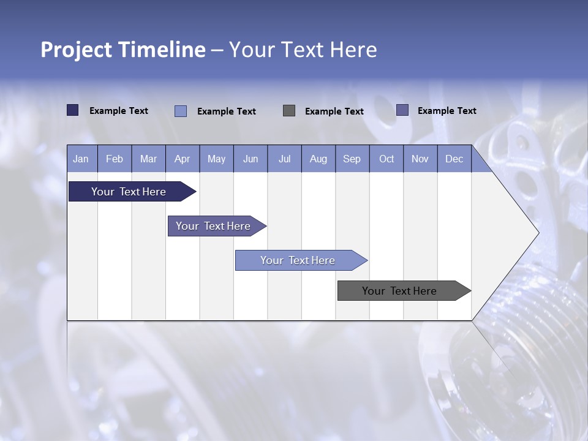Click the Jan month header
tap(81, 159)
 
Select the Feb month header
tap(115, 159)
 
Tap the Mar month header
tap(148, 159)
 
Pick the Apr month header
tap(183, 159)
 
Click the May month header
tap(216, 159)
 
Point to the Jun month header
tap(251, 159)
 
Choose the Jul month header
tap(284, 159)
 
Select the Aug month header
tap(318, 159)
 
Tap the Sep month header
tap(352, 159)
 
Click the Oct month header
tap(386, 159)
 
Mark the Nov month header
tap(420, 159)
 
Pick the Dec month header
tap(454, 159)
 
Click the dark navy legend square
tap(72, 110)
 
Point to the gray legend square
tap(289, 110)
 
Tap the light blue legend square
tap(181, 111)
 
